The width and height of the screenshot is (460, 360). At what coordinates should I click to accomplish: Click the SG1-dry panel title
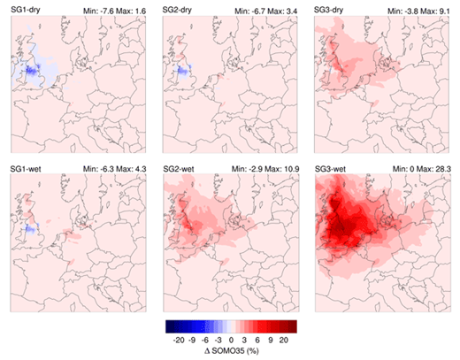(x=28, y=8)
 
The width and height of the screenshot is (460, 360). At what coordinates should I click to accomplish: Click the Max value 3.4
(x=290, y=8)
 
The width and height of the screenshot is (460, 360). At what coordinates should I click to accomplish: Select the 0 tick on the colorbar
(x=233, y=339)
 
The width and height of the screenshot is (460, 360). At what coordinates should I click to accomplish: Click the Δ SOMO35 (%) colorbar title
(x=231, y=352)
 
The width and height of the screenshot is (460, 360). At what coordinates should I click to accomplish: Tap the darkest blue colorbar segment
(x=173, y=326)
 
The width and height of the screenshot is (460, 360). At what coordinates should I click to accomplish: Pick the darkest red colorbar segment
(x=290, y=326)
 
